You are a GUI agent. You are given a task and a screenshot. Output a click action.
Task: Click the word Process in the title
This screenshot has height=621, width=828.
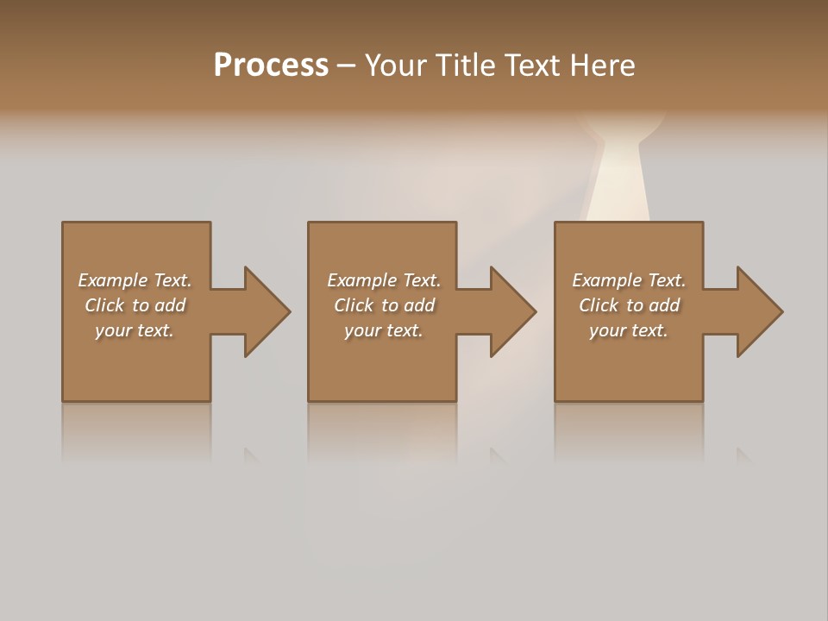click(271, 66)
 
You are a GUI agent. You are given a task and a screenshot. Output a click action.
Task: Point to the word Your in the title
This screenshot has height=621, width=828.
click(398, 66)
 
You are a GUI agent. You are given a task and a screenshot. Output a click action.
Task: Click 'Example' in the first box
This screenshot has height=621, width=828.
click(113, 280)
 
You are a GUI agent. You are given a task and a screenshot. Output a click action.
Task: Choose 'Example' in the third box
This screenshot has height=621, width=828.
click(607, 280)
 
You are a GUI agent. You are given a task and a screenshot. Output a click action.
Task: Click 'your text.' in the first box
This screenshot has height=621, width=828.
click(135, 330)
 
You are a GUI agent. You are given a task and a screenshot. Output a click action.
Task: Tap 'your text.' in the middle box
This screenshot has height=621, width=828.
click(384, 330)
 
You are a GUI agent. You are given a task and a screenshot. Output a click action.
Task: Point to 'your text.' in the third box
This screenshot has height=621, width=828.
click(629, 330)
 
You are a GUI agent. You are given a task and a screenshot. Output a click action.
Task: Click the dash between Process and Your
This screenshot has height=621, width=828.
click(346, 66)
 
